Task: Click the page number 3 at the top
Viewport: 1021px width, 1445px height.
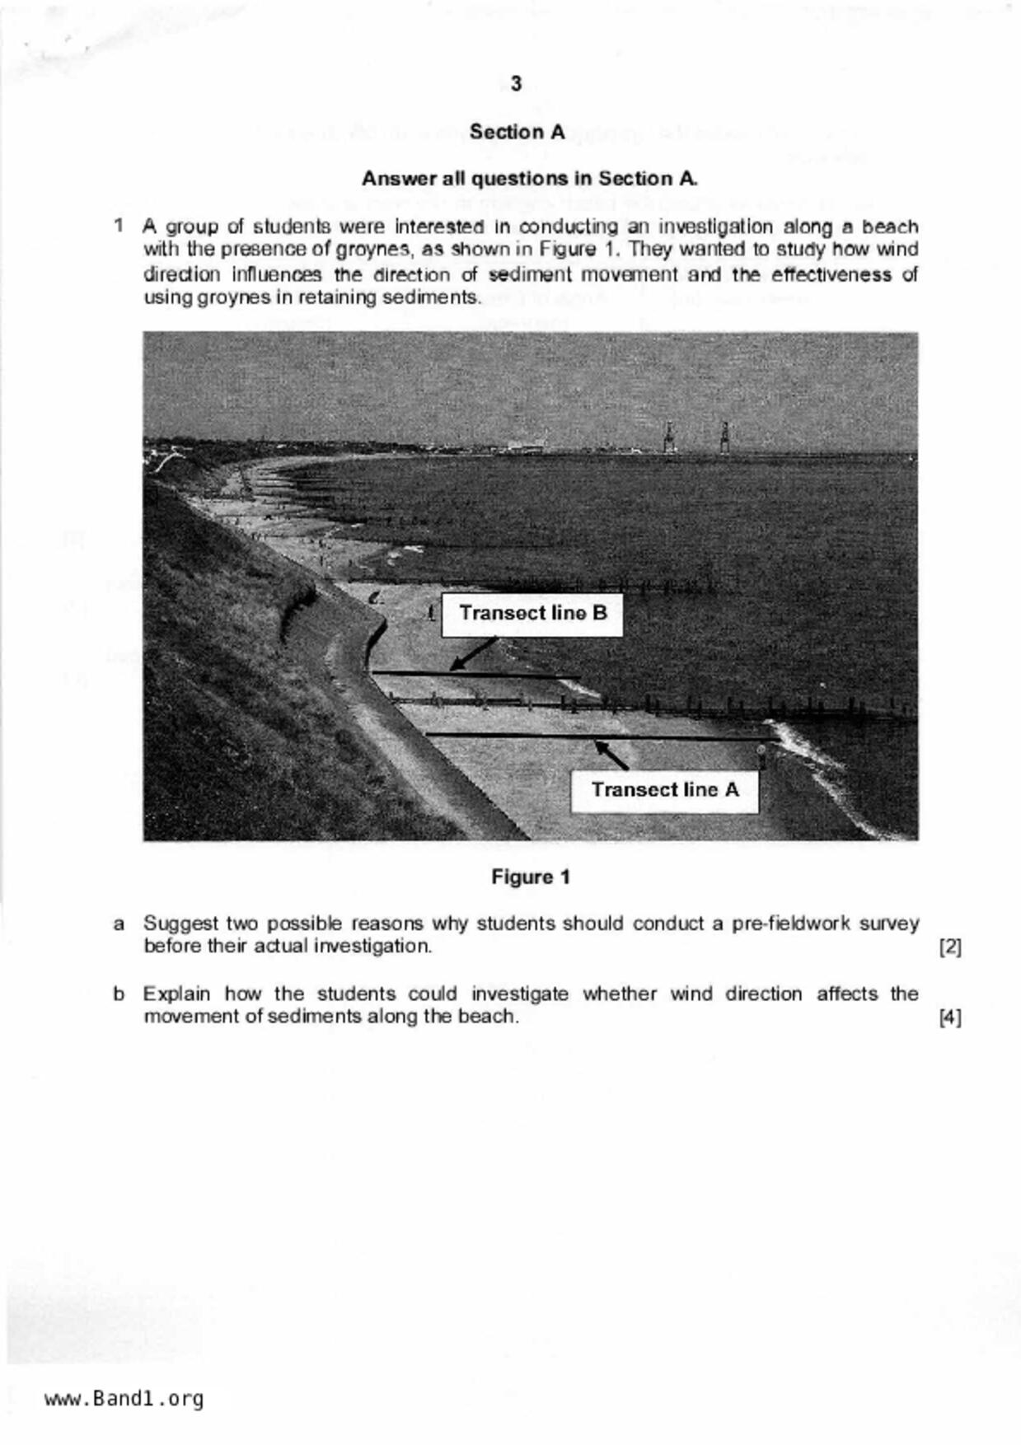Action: [516, 84]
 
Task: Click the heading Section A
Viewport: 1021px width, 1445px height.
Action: [517, 132]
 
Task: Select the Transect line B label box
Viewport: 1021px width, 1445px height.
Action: [532, 614]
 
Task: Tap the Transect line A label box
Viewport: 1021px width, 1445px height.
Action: [664, 790]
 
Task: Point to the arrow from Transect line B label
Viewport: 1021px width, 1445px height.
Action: [472, 654]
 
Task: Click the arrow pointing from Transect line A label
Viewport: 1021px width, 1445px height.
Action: [611, 755]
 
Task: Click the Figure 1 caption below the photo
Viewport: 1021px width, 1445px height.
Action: [531, 877]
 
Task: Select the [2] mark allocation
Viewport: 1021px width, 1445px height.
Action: [950, 947]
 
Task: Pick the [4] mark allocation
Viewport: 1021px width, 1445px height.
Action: [950, 1017]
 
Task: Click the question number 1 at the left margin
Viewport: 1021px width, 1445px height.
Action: [119, 226]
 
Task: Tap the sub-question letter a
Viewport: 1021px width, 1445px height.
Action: [119, 924]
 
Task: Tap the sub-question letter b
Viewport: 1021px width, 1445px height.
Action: [119, 994]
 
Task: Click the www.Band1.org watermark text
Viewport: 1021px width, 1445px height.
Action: [124, 1399]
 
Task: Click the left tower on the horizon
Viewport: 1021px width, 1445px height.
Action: [669, 437]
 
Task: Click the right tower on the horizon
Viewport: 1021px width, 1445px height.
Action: [724, 437]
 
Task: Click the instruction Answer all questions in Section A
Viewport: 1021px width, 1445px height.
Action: [530, 179]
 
